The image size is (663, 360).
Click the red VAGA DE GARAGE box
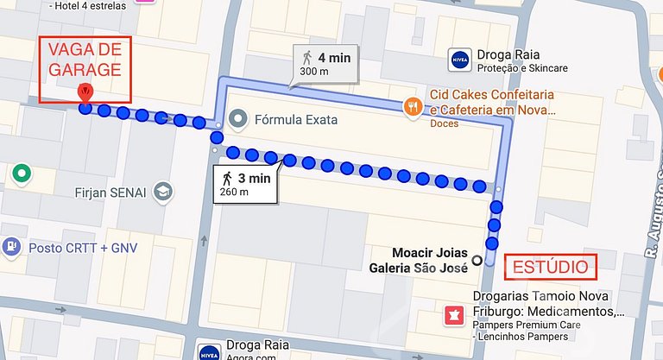pos(84,59)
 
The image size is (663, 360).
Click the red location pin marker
pos(85,92)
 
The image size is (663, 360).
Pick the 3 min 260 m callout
pos(244,184)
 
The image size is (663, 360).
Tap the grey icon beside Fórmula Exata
pos(239,118)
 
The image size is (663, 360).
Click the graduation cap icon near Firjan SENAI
pos(161,191)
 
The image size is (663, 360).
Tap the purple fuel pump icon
pos(10,246)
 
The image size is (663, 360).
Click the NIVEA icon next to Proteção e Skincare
pos(460,60)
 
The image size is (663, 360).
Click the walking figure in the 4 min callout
pos(306,58)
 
